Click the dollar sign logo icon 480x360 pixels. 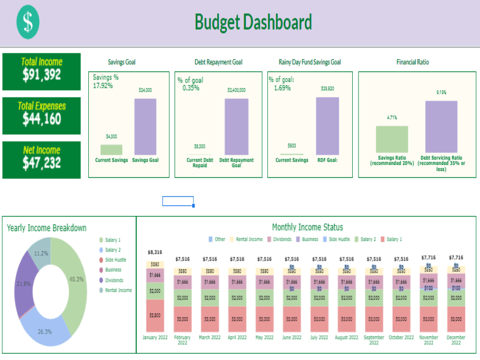28,23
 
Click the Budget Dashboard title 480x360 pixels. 253,23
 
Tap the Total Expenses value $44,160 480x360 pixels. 42,119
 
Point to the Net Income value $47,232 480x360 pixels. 42,163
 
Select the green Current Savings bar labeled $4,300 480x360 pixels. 111,150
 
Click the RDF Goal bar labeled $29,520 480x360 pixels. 327,126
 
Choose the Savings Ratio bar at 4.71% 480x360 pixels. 392,140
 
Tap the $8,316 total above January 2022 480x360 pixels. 155,252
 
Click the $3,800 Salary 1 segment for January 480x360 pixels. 155,316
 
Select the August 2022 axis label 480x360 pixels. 347,337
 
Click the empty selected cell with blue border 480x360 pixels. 178,201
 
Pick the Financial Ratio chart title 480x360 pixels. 412,62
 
